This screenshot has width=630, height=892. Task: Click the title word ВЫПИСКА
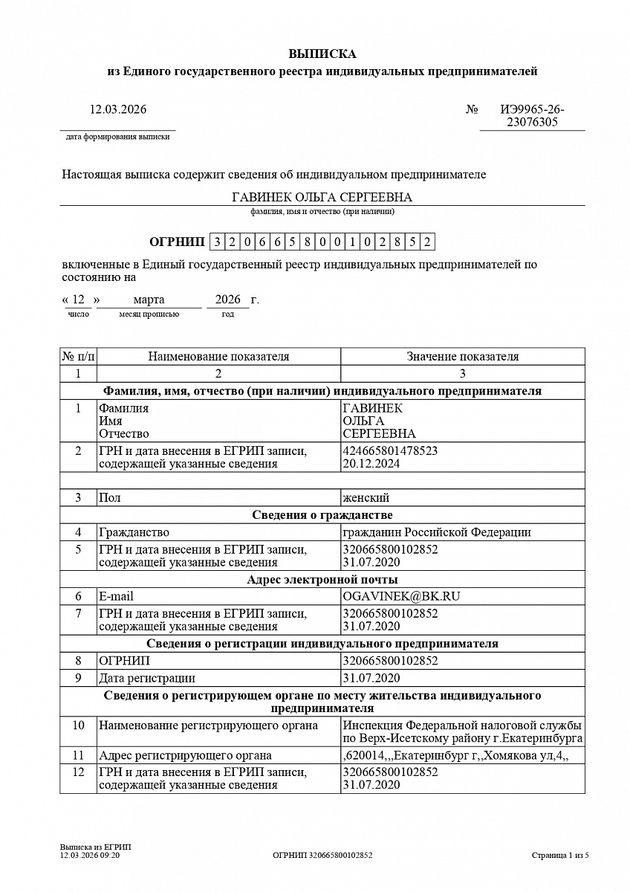(x=322, y=54)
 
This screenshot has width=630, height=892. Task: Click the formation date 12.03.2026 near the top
(x=118, y=109)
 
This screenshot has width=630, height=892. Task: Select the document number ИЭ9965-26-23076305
(x=532, y=116)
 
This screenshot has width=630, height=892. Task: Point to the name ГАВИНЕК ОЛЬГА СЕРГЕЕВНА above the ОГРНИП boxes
(x=322, y=197)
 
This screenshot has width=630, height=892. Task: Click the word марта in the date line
(x=149, y=300)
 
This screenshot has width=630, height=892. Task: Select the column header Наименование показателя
(x=218, y=357)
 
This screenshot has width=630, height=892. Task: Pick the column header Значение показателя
(x=462, y=357)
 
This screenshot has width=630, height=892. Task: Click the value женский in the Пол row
(x=366, y=497)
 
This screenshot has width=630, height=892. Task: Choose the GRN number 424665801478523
(x=390, y=450)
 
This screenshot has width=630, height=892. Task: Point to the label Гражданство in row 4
(x=134, y=532)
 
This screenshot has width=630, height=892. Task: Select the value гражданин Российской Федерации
(x=436, y=532)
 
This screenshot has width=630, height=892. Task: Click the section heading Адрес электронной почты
(x=322, y=580)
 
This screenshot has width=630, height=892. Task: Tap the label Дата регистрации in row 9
(x=147, y=678)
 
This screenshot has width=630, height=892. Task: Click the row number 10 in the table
(x=78, y=725)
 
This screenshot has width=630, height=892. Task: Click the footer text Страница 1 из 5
(x=560, y=856)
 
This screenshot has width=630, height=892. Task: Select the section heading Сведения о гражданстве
(x=322, y=515)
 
